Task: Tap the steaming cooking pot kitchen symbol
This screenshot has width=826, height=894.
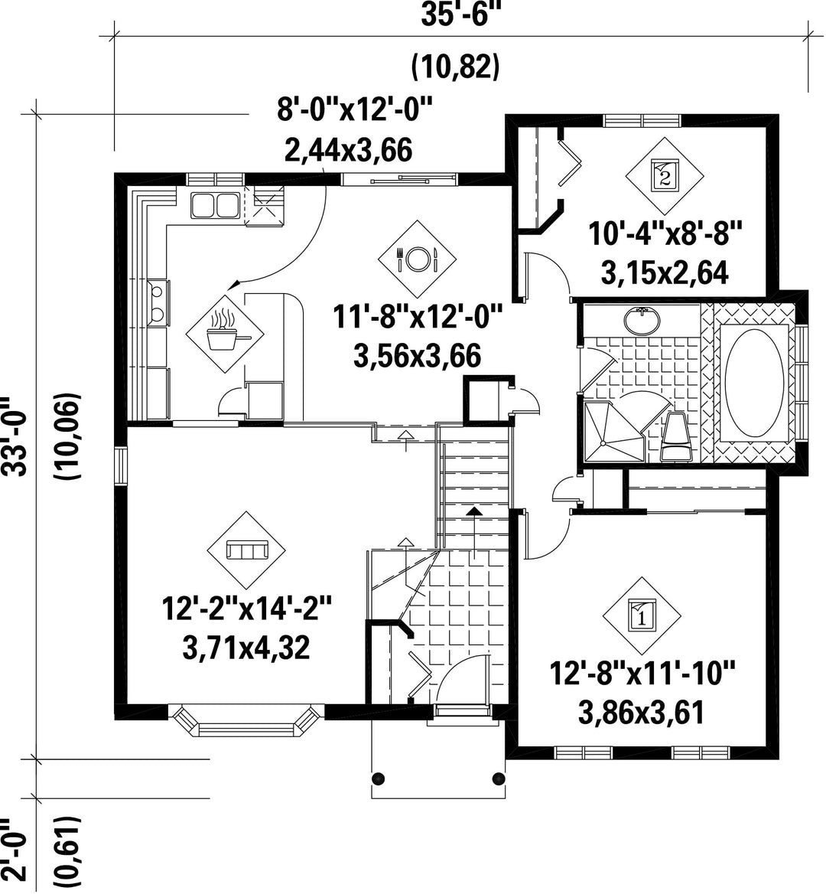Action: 226,334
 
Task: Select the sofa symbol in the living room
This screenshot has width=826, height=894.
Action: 247,550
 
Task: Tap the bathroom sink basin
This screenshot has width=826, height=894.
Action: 642,321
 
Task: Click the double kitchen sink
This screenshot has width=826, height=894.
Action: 215,205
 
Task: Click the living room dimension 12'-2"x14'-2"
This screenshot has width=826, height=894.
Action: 246,610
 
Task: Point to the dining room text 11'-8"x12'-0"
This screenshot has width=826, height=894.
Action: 418,318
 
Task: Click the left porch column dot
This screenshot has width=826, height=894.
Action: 378,778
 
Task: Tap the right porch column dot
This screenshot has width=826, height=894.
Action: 499,778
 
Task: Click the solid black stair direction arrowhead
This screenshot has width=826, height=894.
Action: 474,511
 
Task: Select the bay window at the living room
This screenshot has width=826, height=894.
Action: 246,720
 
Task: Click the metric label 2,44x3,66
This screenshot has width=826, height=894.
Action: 347,151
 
